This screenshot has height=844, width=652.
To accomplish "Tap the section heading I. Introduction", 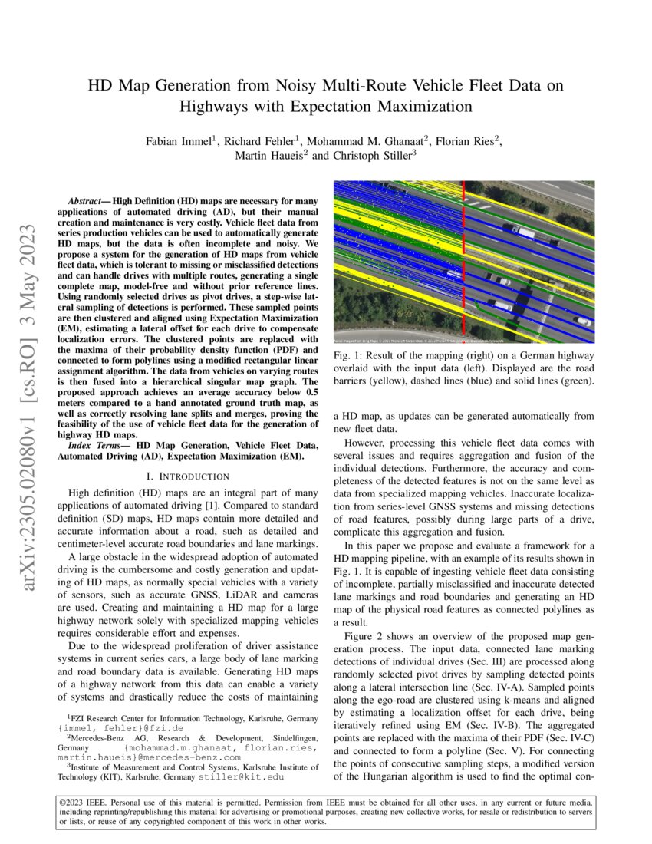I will click(187, 476).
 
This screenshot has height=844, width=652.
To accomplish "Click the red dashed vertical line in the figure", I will click(464, 261).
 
